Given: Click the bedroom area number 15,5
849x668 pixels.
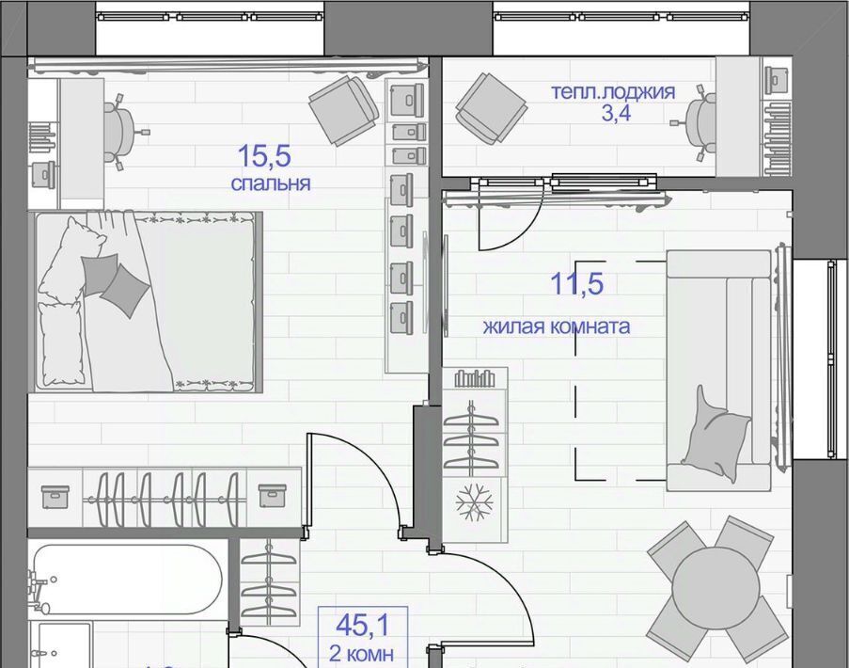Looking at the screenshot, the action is (x=264, y=156).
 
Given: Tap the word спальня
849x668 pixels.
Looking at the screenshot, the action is (x=271, y=183).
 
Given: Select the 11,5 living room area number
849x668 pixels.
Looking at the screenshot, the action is (x=576, y=284).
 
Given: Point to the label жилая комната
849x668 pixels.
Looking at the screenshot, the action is (x=557, y=326).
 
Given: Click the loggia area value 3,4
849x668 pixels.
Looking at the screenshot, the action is (x=616, y=113).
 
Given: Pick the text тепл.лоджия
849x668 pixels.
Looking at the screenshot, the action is (x=613, y=91).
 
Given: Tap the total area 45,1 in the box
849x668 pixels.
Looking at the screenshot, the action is (x=362, y=626).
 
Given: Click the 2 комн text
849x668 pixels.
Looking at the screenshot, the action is (x=361, y=654).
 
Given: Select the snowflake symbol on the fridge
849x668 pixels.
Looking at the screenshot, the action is (x=474, y=502).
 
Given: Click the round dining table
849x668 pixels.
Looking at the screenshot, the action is (x=715, y=589).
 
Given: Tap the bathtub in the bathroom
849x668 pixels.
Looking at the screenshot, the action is (x=127, y=580).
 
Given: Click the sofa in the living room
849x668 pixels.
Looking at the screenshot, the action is (x=718, y=371).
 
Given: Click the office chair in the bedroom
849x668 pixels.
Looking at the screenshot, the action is (x=123, y=133).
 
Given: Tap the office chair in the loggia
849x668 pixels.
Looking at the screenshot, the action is (x=697, y=123).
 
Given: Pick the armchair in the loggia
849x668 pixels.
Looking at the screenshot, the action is (x=491, y=108).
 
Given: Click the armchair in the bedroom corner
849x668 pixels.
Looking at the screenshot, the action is (x=344, y=110).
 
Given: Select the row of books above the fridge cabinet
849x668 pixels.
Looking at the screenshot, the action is (x=475, y=378).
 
